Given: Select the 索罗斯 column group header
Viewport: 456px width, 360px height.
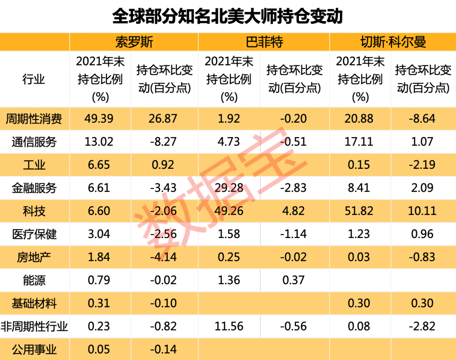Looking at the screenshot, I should tap(134, 42).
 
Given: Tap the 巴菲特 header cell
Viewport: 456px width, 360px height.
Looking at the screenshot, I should tap(264, 42).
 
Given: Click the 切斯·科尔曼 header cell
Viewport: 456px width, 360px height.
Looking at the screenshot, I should tap(393, 42).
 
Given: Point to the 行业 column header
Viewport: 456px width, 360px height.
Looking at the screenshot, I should tap(34, 79).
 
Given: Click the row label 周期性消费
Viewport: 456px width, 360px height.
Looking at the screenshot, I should tap(34, 119).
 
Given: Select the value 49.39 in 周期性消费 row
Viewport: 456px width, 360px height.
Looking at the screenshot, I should tap(99, 119).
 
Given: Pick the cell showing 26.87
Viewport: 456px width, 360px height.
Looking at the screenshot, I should tap(163, 119).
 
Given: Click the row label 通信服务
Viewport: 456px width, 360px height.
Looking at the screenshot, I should tap(34, 142).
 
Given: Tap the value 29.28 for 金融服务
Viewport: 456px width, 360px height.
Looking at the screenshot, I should tap(229, 188).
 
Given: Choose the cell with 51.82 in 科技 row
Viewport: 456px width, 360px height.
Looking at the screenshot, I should tap(359, 211).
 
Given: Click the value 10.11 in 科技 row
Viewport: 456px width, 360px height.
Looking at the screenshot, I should tap(423, 211).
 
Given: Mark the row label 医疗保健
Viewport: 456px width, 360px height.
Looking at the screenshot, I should tap(34, 234).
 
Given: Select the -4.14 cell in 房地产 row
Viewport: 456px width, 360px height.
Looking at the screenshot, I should tap(163, 257).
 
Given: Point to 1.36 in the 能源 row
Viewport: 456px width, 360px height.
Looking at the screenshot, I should tap(229, 280).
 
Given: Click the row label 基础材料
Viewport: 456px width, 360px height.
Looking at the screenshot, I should tap(34, 303).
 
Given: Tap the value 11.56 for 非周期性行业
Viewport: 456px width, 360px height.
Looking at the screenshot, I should tap(229, 326).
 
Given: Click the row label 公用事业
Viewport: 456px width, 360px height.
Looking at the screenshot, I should tap(34, 349).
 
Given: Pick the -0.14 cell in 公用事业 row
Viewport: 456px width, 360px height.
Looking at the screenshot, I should tap(163, 349).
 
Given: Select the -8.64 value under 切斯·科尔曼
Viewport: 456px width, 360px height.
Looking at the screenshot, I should tap(423, 119).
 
